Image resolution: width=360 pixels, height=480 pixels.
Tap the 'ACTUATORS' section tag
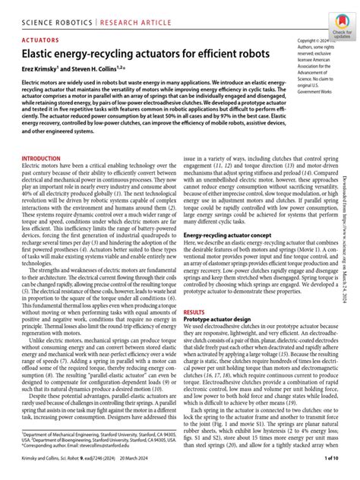42,36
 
